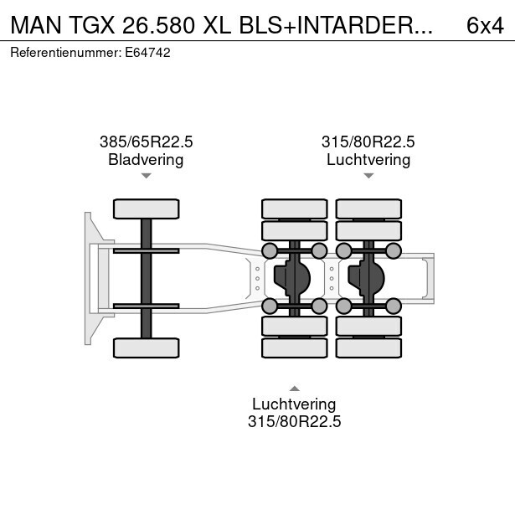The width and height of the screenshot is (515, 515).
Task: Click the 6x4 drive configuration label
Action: pos(485,25)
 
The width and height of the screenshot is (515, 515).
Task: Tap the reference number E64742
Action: pos(147,53)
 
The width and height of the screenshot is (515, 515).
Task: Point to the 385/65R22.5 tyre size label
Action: pos(147,142)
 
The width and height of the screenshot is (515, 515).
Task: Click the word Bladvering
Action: pos(146,160)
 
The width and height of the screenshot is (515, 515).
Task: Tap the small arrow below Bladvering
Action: pos(147,176)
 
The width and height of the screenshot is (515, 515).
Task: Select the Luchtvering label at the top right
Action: pos(368,160)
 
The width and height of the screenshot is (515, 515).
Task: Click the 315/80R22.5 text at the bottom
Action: pos(294,421)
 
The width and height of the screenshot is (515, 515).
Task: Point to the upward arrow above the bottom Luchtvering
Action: pos(295,389)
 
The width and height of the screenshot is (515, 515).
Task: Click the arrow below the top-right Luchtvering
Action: pos(368,176)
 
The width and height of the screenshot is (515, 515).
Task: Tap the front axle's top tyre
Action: pos(147,209)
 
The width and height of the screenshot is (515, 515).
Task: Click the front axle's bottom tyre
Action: pos(147,348)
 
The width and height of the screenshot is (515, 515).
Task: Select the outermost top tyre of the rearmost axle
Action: pos(368,209)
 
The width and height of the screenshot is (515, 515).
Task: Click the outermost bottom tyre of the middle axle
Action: pos(295,348)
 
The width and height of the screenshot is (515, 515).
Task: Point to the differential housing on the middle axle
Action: pos(292,279)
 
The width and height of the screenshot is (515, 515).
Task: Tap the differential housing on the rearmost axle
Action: pos(366,279)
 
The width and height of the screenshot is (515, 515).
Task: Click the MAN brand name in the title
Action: pos(36,25)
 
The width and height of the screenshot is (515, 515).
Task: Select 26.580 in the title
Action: pos(158,25)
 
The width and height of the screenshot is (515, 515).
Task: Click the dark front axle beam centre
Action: pos(147,279)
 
